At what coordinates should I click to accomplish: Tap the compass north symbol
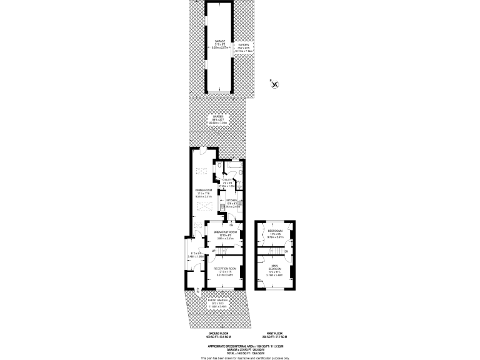point(276,83)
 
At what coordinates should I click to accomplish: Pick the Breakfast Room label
point(224,232)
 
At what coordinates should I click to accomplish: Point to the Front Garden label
point(218,301)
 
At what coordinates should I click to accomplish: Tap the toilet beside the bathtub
point(219,166)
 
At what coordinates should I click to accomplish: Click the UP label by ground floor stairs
point(212,251)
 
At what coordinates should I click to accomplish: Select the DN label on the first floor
point(286,251)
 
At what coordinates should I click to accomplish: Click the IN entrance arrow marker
point(197,289)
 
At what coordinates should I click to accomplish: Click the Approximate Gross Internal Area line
point(245,346)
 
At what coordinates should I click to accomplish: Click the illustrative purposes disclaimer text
point(245,357)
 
